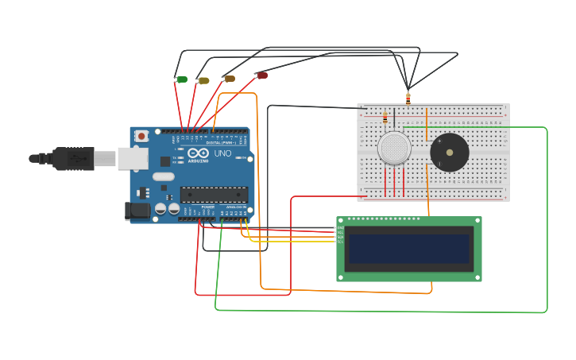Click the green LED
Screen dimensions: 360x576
182,79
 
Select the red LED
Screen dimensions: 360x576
262,75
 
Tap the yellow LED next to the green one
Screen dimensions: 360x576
204,80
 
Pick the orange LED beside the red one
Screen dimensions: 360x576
230,79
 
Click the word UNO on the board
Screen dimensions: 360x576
222,153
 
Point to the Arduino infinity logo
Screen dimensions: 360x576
198,153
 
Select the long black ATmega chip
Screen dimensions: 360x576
214,195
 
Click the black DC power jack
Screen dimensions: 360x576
137,211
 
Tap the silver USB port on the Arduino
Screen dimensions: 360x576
133,159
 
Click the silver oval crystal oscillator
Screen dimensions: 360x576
163,176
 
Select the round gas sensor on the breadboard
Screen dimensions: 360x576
394,149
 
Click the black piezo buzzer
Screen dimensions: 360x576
450,153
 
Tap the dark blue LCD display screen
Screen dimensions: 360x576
408,249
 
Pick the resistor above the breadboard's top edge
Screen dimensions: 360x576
408,99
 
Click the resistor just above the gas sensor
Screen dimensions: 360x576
385,118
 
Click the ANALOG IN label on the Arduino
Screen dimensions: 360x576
236,207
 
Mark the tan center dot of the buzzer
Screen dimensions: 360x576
450,152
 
